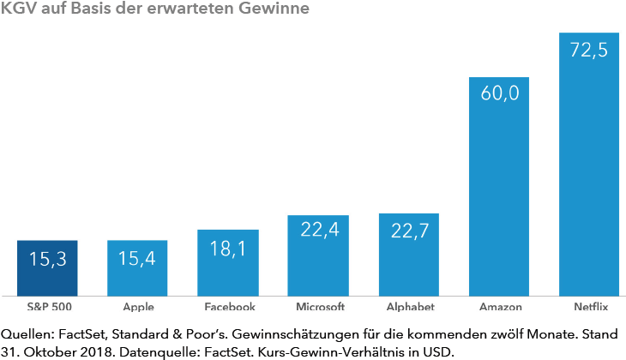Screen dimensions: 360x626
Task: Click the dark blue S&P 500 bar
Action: point(47,267)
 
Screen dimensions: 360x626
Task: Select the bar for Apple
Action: point(137,267)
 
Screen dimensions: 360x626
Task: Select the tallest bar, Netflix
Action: point(589,164)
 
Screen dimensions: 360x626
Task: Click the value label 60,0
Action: point(499,93)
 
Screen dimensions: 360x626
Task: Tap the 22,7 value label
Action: point(409,230)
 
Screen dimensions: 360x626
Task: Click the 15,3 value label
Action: point(47,256)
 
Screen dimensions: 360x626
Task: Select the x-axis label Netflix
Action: point(589,306)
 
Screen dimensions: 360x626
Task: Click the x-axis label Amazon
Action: point(499,306)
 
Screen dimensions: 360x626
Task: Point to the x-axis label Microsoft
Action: point(318,306)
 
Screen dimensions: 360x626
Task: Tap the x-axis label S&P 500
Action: point(47,306)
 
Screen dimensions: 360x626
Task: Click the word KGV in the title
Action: point(20,9)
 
